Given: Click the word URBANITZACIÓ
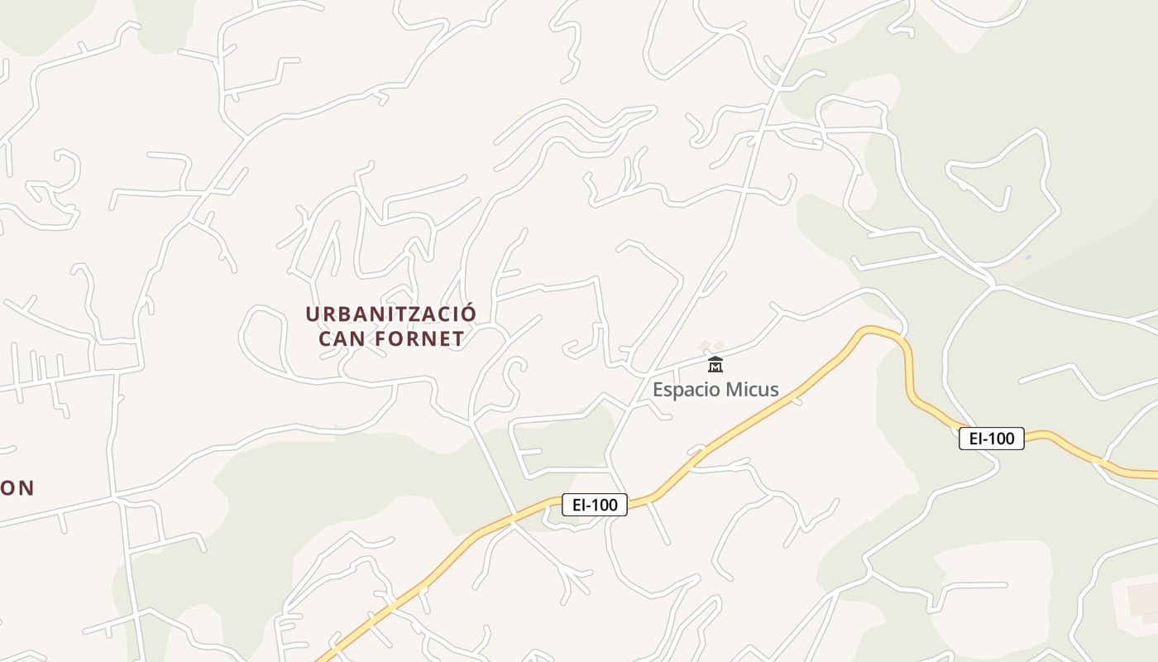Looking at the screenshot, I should pyautogui.click(x=390, y=314).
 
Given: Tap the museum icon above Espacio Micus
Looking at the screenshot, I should pyautogui.click(x=715, y=364).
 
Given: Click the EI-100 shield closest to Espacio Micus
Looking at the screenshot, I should pyautogui.click(x=595, y=505).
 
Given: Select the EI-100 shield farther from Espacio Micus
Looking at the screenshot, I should pyautogui.click(x=991, y=439).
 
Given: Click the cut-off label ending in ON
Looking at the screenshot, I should pyautogui.click(x=17, y=488).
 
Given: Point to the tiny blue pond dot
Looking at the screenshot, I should pyautogui.click(x=1028, y=257).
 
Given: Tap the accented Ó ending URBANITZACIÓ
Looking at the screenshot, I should pyautogui.click(x=468, y=314).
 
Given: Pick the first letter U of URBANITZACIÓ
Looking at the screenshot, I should pyautogui.click(x=313, y=314).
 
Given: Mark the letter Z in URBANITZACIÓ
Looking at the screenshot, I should pyautogui.click(x=419, y=314).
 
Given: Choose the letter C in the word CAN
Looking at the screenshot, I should pyautogui.click(x=327, y=338).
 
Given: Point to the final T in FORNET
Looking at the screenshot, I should pyautogui.click(x=457, y=338).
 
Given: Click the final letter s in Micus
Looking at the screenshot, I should pyautogui.click(x=773, y=390).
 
